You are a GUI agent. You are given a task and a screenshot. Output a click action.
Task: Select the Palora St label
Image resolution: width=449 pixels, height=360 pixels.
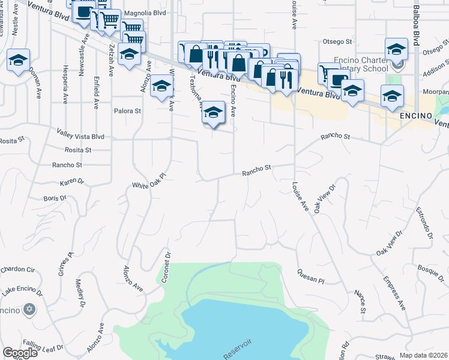127,111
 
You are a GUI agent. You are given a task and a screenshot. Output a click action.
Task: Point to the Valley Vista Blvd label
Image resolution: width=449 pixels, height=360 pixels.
80,137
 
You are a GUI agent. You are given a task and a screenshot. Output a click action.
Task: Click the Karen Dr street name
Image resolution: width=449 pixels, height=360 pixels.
72,181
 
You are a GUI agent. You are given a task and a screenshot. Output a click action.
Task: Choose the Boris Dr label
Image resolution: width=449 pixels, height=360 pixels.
55,198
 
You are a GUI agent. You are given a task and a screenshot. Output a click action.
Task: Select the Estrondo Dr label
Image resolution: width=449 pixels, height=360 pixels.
425,223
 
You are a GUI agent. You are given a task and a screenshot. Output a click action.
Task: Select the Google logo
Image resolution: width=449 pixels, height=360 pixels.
20,353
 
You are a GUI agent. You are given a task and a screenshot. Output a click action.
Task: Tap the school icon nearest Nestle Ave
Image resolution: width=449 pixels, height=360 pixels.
18,60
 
